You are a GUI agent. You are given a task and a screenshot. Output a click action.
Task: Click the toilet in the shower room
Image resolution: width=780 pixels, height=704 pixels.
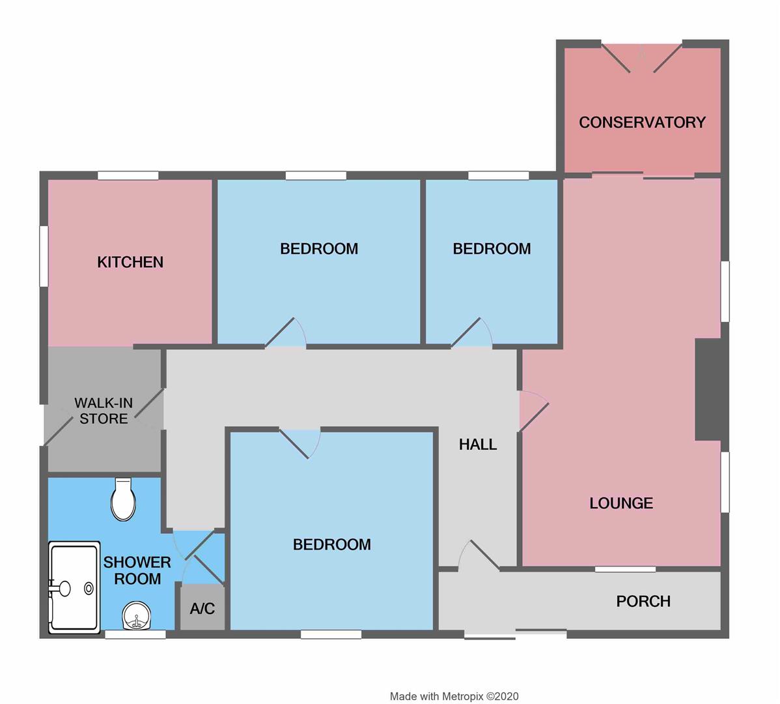pos(123,499)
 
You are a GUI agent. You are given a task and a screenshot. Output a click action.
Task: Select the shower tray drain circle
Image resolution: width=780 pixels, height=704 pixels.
pos(89,589)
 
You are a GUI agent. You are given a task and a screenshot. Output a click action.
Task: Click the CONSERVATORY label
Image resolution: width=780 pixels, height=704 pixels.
pos(642,123)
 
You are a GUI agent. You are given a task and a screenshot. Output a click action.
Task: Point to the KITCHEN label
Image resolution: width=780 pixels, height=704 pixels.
pos(130,263)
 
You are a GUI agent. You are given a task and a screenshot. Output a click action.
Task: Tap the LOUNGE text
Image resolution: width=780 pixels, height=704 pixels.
pos(621,503)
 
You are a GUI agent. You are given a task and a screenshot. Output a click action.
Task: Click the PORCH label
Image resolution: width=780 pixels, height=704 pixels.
pos(643,602)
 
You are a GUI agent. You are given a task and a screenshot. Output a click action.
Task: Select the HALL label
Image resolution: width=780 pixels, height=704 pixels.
pos(477,444)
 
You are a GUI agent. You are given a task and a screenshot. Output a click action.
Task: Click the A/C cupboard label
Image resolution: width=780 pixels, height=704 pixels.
pos(202,608)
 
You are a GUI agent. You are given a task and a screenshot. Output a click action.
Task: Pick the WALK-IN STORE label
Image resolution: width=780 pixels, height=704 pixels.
pos(104,411)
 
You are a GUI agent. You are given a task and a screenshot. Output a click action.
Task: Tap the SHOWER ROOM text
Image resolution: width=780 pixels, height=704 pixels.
pos(137,570)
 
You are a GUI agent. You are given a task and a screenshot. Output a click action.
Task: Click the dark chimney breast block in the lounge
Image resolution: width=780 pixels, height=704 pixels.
pos(708,389)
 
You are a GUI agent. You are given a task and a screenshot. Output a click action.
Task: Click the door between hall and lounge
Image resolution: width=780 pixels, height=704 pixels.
pos(534,411)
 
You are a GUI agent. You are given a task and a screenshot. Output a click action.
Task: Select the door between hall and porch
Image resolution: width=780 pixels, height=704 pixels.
pos(479,555)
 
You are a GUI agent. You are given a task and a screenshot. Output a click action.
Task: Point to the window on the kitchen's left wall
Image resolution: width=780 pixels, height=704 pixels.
pos(44,256)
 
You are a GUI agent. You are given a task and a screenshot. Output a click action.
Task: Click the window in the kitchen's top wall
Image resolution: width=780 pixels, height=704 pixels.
pos(128,175)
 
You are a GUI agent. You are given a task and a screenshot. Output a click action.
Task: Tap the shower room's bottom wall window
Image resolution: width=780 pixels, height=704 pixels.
pos(135,634)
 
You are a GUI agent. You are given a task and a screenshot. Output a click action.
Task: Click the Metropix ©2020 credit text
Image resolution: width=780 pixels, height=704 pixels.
pos(454,697)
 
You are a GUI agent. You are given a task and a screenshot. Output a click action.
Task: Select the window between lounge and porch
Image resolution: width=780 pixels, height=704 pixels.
pos(625,569)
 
